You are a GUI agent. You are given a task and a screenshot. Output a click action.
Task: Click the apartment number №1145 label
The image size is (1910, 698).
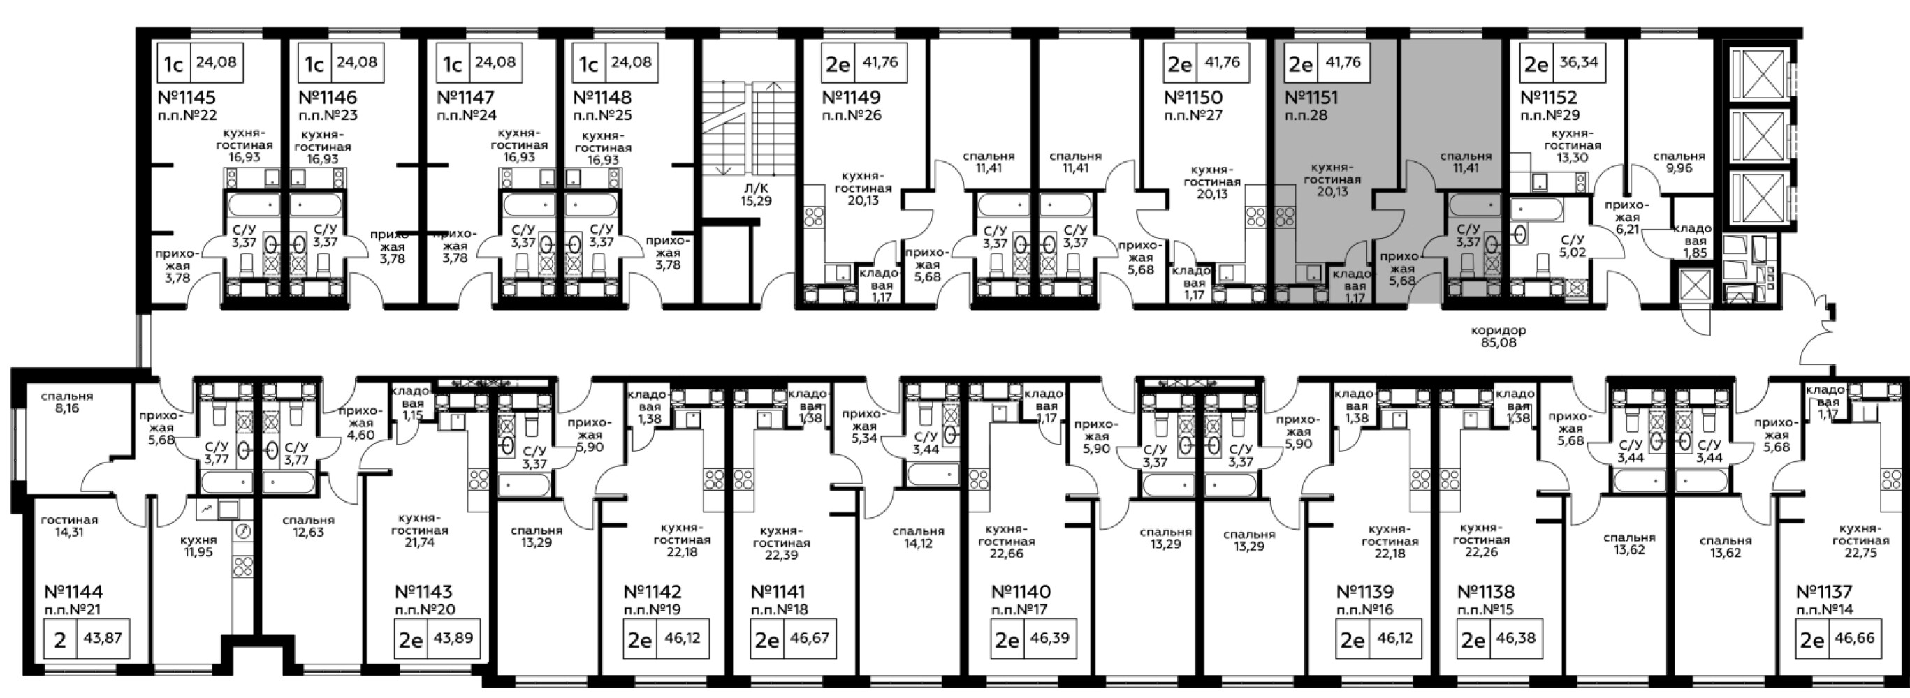[187, 98]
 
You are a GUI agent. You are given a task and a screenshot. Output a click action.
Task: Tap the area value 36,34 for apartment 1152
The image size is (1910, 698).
[1578, 63]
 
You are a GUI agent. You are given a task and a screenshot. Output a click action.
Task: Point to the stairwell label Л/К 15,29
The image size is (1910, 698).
[756, 194]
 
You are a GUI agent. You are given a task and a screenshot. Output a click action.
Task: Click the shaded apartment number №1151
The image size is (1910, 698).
[1312, 98]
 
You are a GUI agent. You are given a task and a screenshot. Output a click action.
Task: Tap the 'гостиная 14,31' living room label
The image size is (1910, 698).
[70, 526]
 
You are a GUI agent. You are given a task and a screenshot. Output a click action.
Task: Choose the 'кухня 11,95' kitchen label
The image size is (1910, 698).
[198, 545]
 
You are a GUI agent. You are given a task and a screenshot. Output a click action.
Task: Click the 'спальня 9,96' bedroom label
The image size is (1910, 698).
[1679, 161]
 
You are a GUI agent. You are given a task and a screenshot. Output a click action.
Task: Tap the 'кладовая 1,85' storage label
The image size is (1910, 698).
[1692, 240]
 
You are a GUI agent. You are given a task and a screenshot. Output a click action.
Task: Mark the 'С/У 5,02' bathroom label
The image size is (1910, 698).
[1573, 246]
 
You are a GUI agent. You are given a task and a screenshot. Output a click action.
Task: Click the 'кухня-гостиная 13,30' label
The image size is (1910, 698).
[1573, 145]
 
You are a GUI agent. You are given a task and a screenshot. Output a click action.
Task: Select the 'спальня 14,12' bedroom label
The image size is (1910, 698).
[918, 537]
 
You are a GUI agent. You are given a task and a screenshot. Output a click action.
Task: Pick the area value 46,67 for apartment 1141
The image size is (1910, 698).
[810, 637]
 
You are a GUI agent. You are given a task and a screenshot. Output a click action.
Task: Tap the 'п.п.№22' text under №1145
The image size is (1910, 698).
[188, 116]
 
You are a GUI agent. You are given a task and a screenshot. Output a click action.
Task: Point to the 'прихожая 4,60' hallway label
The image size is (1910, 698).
[360, 423]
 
